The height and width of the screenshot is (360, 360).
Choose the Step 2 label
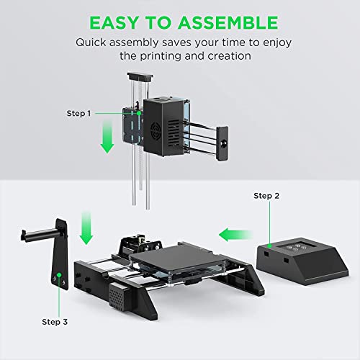(268, 196)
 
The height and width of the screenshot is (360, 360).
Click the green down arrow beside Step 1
(107, 138)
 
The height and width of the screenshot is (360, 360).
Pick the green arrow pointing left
(232, 233)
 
